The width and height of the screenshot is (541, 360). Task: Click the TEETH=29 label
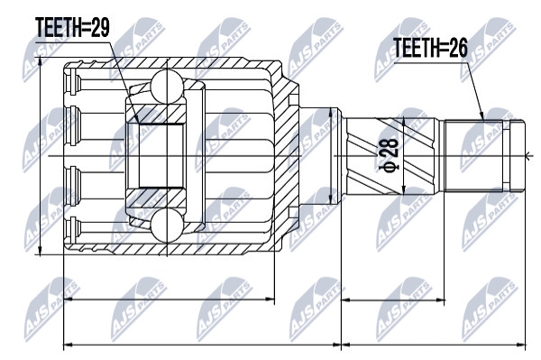point(72,28)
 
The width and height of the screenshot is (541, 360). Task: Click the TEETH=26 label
point(430,48)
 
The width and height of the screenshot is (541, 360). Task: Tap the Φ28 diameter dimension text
point(389,155)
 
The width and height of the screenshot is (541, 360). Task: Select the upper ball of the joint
point(167,86)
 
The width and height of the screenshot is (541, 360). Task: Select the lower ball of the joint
point(167,226)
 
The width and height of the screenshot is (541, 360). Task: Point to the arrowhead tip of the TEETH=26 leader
point(484,120)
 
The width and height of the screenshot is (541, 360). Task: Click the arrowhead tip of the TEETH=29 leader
point(139,124)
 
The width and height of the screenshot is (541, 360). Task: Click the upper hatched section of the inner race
point(156,113)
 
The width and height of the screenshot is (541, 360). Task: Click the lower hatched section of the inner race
point(156,198)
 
